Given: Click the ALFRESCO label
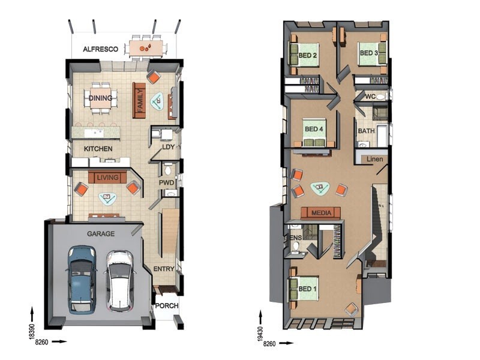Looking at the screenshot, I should point(100,50).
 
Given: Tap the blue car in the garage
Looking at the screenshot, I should point(81,278).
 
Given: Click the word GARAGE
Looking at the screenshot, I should point(101,233).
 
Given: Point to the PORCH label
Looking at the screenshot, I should point(166,306).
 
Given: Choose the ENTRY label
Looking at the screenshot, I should point(164,269).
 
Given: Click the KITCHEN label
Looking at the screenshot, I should point(98,148).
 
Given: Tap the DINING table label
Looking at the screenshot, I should point(101,98).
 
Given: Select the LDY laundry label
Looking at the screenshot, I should point(168,146).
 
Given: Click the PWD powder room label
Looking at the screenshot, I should point(166,182).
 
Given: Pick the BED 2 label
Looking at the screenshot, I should point(307,58).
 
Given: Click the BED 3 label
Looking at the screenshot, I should point(368,53).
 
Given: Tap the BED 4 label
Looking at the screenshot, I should point(314,129).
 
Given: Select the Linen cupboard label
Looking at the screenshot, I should point(374,159).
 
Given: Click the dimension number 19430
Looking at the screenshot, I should point(261,329).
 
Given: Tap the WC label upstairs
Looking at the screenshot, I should point(370,97).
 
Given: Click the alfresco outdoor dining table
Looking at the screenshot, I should point(146,48).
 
